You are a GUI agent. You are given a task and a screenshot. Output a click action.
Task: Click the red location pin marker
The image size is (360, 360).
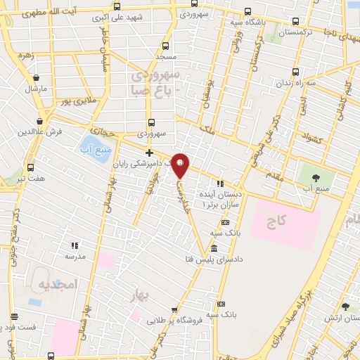(180, 166)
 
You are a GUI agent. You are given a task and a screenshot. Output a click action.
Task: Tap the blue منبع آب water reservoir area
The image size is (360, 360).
(94, 148)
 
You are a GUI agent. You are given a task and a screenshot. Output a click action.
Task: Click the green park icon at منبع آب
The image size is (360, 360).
(309, 176)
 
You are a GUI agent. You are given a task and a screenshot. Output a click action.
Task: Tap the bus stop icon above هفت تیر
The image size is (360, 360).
(30, 167)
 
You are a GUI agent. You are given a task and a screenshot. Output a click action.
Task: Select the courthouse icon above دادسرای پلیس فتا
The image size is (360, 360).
(214, 248)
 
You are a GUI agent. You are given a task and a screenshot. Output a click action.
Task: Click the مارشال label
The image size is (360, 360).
(35, 89)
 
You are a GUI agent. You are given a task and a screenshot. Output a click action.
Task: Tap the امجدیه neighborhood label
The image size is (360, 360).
(56, 285)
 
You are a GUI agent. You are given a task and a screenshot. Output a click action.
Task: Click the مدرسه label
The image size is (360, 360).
(75, 257)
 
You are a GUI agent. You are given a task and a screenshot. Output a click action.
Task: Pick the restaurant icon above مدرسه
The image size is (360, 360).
(75, 246)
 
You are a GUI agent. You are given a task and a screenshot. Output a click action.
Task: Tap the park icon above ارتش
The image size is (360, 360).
(345, 307)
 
